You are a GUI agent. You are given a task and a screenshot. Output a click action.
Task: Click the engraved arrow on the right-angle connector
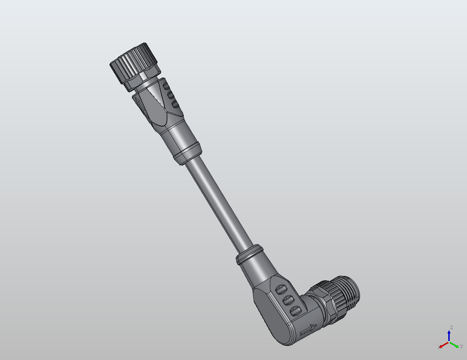click(308, 329)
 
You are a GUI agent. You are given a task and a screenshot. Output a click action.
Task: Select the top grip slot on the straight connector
click(166, 87)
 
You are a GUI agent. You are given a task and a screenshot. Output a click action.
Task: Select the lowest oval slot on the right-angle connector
click(295, 310)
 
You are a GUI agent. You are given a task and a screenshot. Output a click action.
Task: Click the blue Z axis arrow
click(449, 335)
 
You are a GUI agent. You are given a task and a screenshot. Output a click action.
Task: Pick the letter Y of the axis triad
click(461, 347)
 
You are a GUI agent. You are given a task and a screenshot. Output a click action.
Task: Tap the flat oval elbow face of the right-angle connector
click(274, 317)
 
